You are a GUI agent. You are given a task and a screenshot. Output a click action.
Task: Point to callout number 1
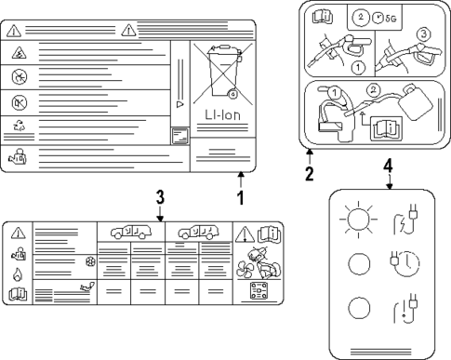pos(240,197)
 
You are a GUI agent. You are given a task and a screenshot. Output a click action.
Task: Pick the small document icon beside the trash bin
pos(179,137)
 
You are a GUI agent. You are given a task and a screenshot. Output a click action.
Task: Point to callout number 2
pos(310,172)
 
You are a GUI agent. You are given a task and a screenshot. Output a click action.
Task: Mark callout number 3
pos(160,198)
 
